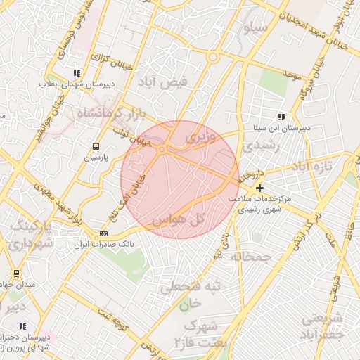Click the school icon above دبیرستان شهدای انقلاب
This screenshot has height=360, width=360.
(77, 73)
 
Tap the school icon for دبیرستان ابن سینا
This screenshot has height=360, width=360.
(281, 117)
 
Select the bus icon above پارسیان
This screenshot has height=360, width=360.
(95, 146)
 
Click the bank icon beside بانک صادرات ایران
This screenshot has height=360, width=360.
(104, 234)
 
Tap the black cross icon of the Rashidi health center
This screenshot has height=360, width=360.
(260, 188)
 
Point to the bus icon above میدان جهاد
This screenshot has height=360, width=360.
(16, 273)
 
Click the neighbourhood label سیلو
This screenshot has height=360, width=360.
(255, 30)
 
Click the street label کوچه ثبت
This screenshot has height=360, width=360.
(112, 321)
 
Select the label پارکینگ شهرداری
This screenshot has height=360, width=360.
(32, 236)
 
